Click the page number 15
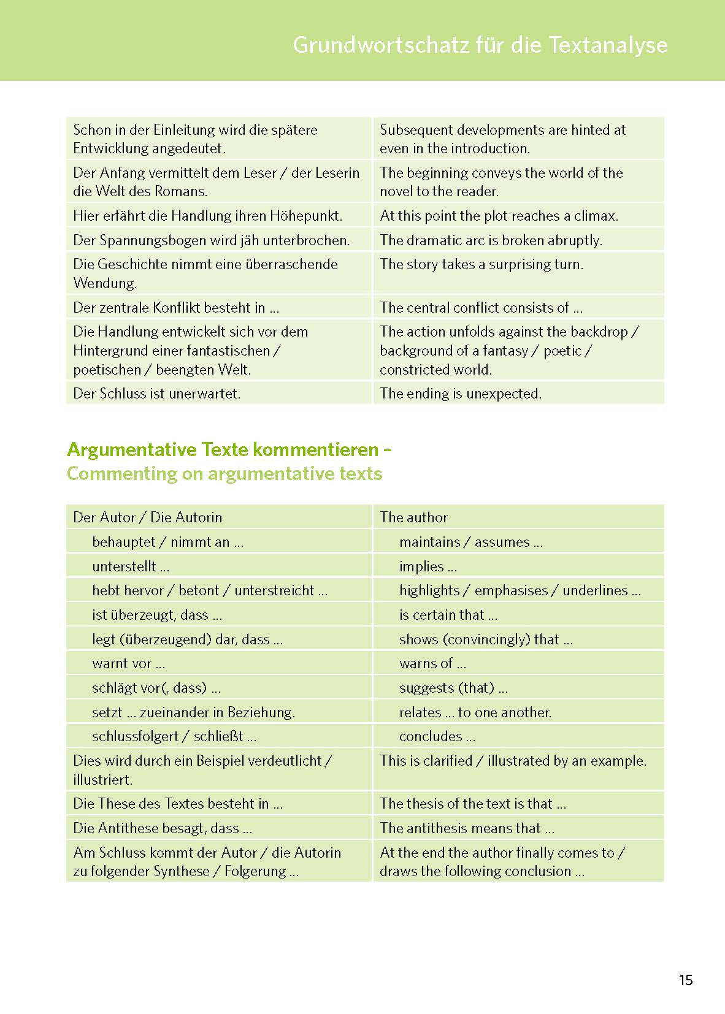(685, 980)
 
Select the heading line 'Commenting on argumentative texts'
(224, 473)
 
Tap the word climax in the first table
(595, 216)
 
